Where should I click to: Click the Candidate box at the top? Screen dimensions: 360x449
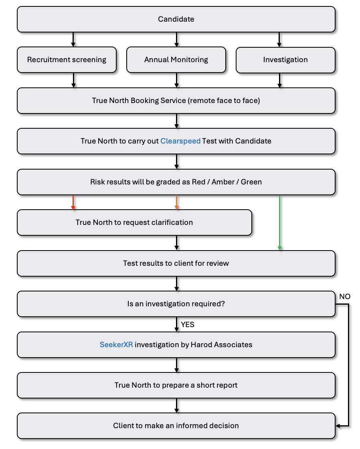(x=176, y=19)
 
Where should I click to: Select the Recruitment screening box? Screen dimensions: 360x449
(x=67, y=60)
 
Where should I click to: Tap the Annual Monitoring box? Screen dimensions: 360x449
(x=176, y=60)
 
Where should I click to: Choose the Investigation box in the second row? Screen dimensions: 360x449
(x=285, y=60)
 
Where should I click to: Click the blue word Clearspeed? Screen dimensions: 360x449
(x=180, y=141)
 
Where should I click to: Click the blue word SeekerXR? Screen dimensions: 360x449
(x=116, y=344)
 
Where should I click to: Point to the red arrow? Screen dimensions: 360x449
(x=73, y=203)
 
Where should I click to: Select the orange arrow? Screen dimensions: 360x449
(x=177, y=203)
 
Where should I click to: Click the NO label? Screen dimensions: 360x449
(x=345, y=297)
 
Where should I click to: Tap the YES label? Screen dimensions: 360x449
(x=188, y=324)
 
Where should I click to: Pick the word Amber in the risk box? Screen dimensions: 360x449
(x=223, y=182)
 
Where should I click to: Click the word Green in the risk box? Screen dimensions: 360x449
(x=251, y=182)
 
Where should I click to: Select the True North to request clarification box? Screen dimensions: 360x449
(x=134, y=222)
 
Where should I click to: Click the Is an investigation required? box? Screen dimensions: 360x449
(x=176, y=304)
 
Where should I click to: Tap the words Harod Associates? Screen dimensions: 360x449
(x=221, y=344)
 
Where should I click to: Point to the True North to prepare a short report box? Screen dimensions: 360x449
(x=176, y=385)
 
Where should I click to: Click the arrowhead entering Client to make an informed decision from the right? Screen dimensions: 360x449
(x=338, y=426)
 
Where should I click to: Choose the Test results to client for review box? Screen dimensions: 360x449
(x=176, y=263)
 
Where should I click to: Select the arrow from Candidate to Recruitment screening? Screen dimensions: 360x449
(x=73, y=40)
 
